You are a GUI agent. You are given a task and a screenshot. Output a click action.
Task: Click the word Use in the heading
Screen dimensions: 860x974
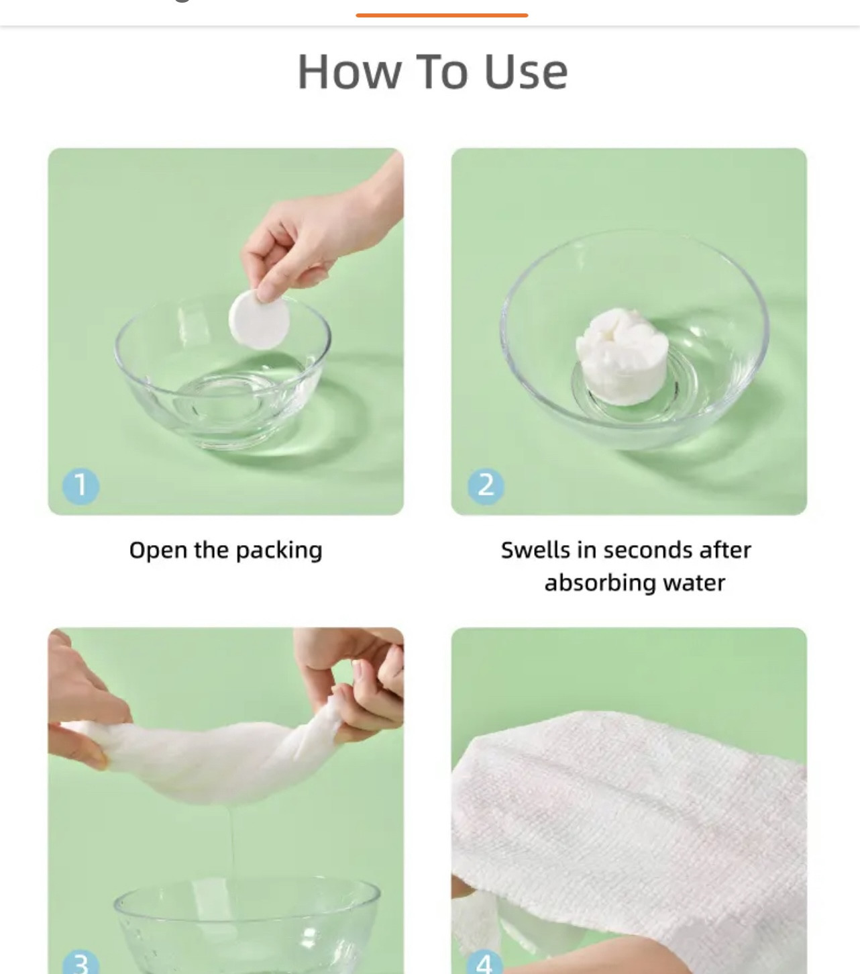click(x=527, y=72)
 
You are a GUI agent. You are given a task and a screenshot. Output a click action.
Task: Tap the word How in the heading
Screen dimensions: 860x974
click(x=350, y=72)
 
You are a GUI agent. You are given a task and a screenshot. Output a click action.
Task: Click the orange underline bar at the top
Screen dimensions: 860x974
click(x=442, y=15)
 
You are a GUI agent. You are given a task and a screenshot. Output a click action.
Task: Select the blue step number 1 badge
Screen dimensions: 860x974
click(x=80, y=485)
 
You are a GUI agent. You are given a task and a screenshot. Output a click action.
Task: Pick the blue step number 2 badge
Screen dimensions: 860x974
click(x=486, y=485)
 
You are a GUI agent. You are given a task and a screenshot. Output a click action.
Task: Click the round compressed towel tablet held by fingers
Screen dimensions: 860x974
click(x=260, y=320)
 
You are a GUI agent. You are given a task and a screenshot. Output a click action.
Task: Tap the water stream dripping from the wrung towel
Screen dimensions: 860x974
click(x=233, y=846)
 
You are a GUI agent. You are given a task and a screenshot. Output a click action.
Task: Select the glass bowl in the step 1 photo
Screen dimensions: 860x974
click(x=222, y=375)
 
